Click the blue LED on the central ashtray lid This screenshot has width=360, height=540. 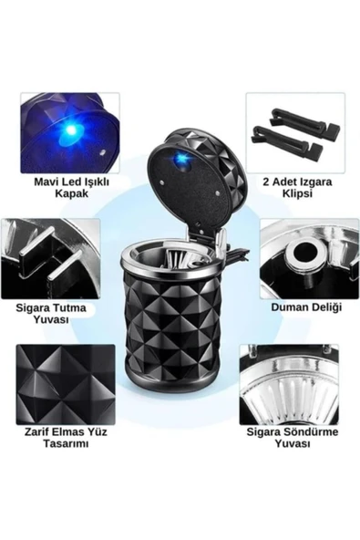tap(180, 159)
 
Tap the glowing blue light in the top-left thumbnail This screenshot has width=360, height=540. tap(71, 130)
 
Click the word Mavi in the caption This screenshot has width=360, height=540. tap(45, 182)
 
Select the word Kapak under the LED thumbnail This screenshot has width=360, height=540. tap(72, 193)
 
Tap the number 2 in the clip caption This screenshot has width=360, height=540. tap(266, 182)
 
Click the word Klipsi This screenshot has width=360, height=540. tap(297, 193)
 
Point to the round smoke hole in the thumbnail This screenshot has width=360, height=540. tap(304, 254)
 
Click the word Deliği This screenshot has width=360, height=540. tap(326, 307)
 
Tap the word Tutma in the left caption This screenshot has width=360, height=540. tap(70, 307)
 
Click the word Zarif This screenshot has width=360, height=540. tap(36, 431)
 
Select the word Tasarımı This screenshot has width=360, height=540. tap(66, 443)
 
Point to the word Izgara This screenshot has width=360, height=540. tap(315, 182)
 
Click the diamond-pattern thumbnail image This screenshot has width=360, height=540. tap(66, 384)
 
